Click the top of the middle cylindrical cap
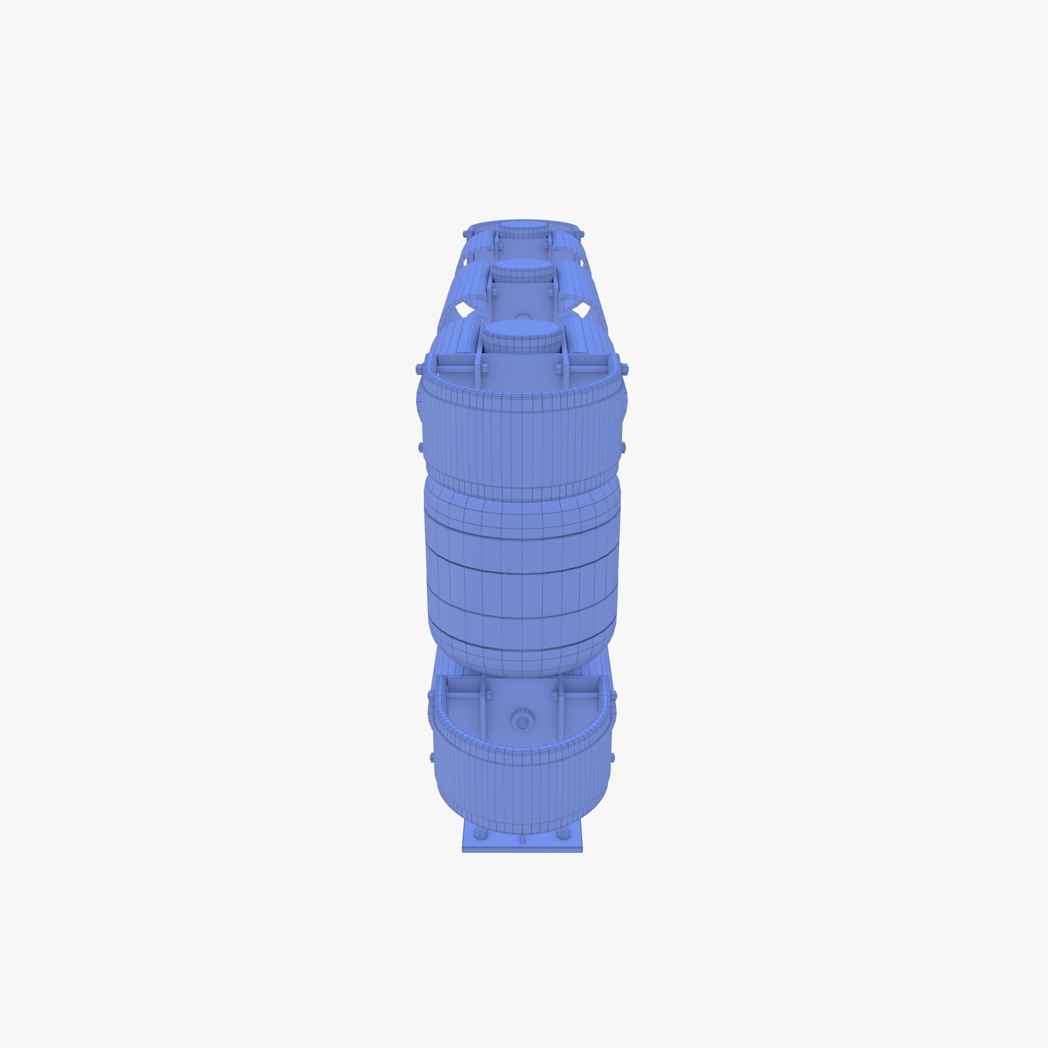pos(521,266)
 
